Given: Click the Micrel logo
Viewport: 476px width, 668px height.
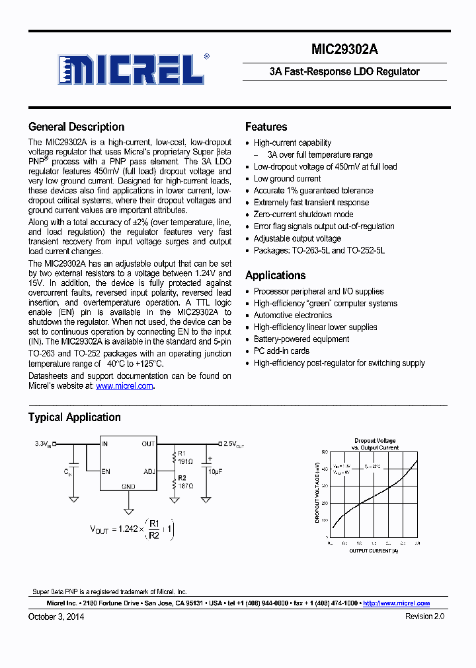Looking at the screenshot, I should (x=132, y=69).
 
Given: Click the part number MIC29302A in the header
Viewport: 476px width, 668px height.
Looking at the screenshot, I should (x=344, y=50).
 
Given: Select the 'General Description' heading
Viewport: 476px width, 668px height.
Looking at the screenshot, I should (x=76, y=127).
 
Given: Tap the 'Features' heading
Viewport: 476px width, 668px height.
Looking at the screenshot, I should (x=266, y=127).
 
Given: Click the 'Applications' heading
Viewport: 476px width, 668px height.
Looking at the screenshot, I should (x=275, y=275).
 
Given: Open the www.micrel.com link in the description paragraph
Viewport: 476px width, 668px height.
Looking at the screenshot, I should (x=124, y=386).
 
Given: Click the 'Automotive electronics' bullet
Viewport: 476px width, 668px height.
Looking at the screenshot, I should (x=293, y=316).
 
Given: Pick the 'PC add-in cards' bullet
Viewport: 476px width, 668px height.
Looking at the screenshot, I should (x=282, y=351).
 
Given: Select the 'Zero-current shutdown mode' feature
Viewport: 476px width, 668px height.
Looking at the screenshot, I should (x=303, y=215).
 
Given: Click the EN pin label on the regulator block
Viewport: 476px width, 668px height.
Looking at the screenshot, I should (x=106, y=472).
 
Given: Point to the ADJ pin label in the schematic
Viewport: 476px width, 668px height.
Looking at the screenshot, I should (x=149, y=472).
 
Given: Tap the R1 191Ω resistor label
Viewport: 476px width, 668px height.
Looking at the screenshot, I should (x=182, y=458).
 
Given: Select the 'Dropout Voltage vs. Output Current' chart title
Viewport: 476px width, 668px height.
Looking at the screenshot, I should (x=375, y=444).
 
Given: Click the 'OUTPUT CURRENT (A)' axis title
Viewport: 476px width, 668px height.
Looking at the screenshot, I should (x=374, y=551).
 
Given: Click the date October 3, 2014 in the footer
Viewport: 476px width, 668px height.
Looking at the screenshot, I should (x=56, y=617).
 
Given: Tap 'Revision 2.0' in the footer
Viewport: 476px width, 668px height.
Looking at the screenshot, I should (x=424, y=617).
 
